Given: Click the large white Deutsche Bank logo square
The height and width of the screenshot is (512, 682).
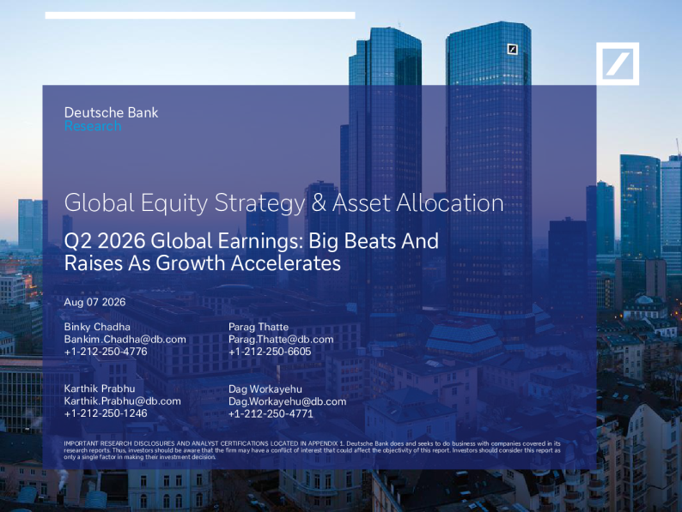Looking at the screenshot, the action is click(x=618, y=63).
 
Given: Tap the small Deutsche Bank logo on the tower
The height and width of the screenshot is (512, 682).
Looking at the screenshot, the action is click(x=513, y=49).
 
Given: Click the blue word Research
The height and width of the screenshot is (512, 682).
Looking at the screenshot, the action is click(x=93, y=126).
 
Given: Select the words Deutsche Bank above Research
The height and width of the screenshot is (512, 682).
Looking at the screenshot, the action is click(x=112, y=112).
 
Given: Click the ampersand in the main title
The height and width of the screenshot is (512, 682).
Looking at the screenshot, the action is click(x=319, y=202).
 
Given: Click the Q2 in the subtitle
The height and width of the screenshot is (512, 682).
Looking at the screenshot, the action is click(x=78, y=241).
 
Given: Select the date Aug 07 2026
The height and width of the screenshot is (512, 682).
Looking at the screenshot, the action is click(x=94, y=302).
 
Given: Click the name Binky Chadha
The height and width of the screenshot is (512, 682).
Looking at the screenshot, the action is click(x=97, y=327).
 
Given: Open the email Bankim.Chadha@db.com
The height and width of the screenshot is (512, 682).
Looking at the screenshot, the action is click(x=125, y=339).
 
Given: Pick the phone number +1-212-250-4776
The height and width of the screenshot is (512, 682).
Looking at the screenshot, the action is click(x=106, y=352).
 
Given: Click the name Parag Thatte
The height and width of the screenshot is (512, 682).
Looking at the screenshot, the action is click(x=259, y=327).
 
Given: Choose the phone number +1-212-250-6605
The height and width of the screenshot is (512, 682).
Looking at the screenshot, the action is click(x=270, y=352).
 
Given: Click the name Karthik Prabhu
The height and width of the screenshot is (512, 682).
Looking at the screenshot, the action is click(x=100, y=389).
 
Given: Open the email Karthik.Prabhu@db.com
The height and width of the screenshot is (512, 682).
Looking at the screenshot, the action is click(x=123, y=401).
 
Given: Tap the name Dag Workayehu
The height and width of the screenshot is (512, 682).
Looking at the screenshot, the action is click(x=265, y=389).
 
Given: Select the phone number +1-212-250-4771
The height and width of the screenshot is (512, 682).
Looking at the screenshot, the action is click(x=271, y=414).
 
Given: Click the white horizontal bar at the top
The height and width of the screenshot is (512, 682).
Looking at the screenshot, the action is click(x=200, y=15).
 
